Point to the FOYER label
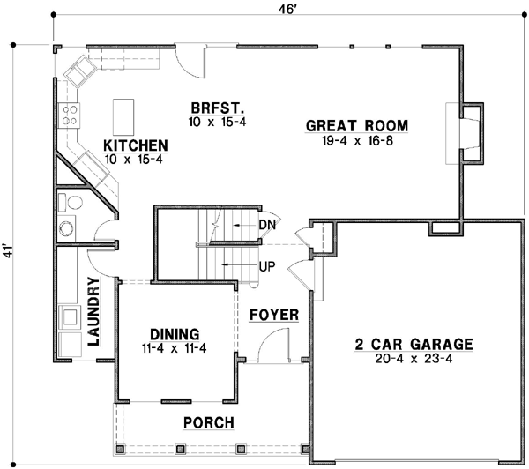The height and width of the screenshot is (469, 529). pyautogui.click(x=274, y=315)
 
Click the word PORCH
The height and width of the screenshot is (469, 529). pyautogui.click(x=208, y=423)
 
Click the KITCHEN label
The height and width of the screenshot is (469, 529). pyautogui.click(x=136, y=145)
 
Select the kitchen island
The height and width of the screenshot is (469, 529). pyautogui.click(x=123, y=115)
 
